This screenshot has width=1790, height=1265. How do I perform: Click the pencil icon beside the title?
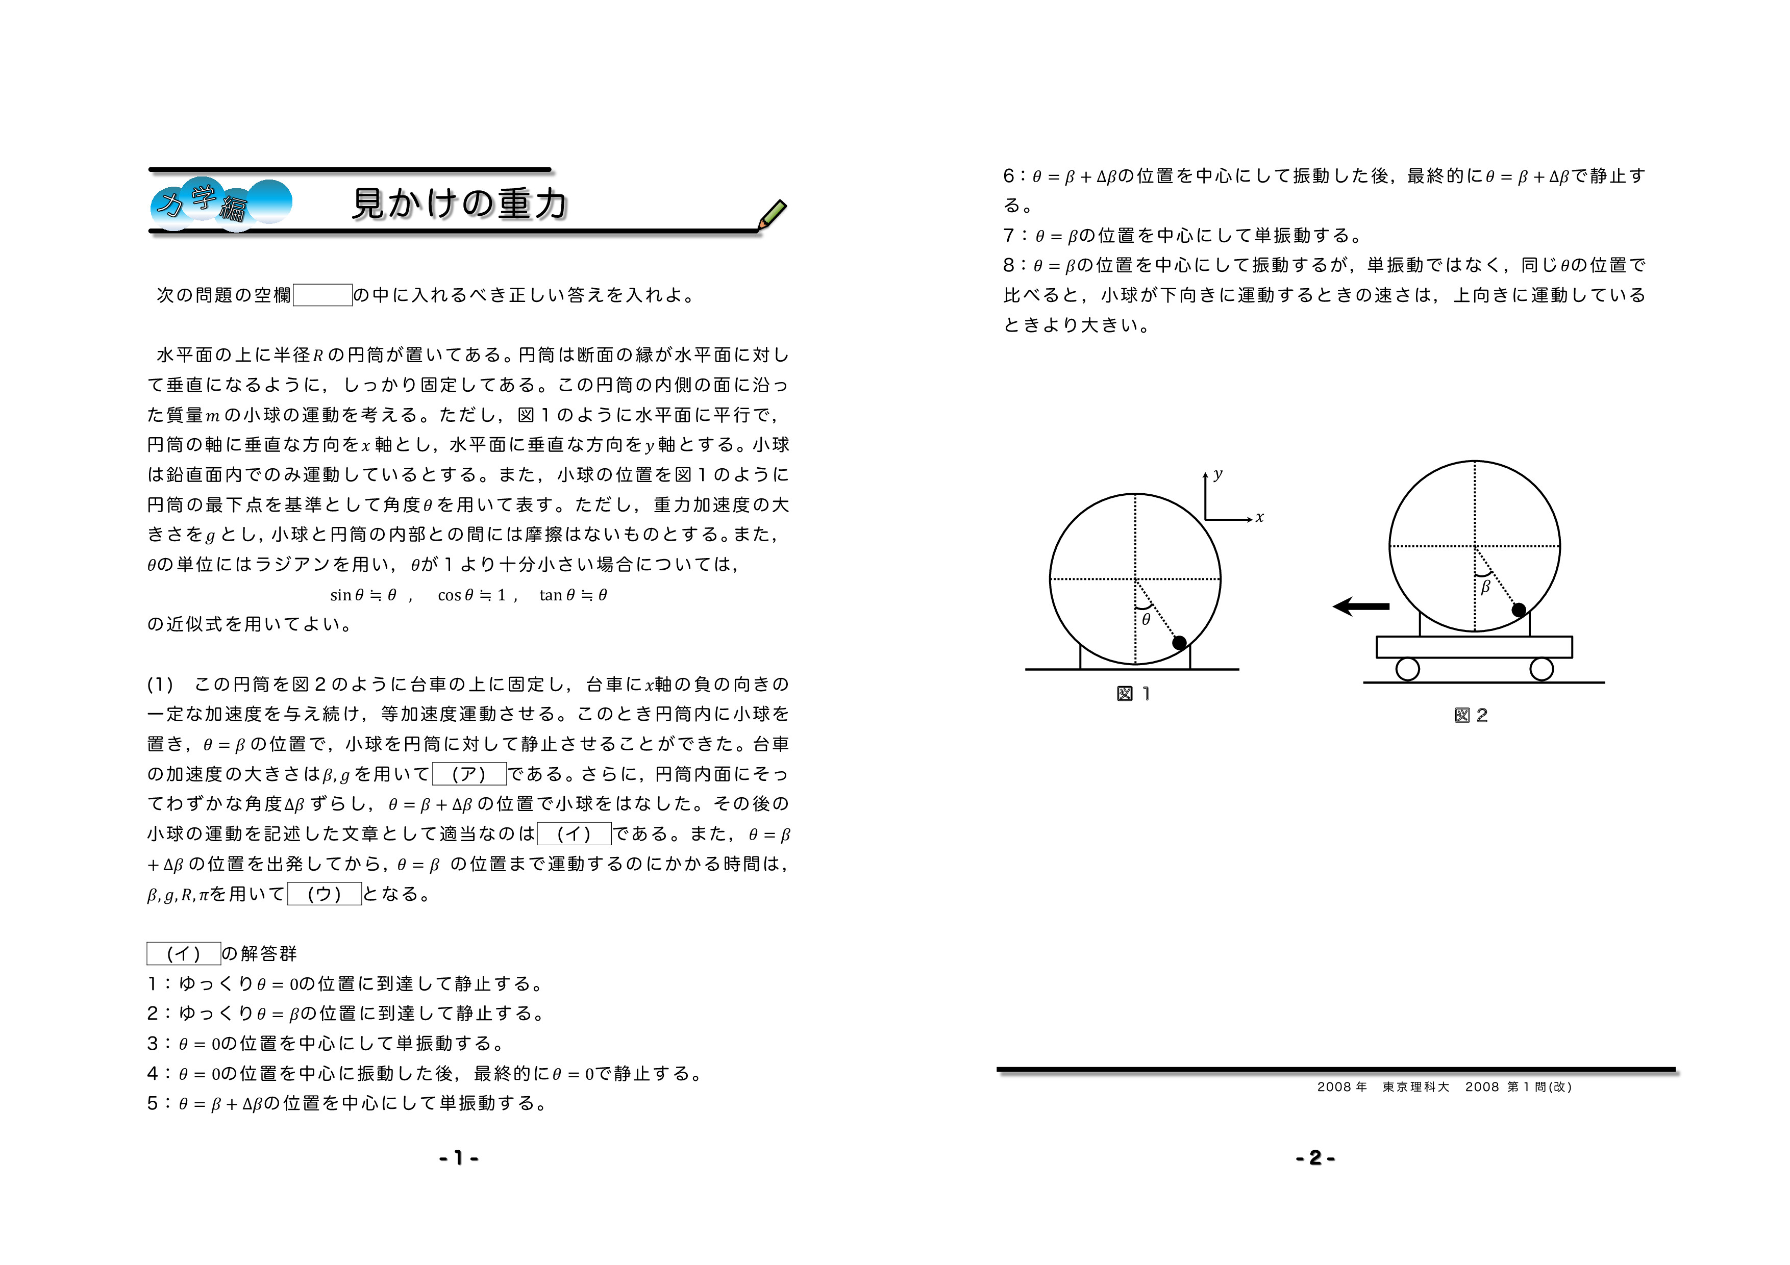pos(772,214)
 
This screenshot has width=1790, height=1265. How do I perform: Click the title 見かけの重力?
pos(459,204)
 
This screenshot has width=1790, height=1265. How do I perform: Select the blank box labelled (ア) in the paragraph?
pos(469,774)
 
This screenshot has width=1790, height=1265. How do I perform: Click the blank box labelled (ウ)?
pos(325,894)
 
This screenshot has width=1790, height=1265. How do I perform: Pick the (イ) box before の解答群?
pos(184,954)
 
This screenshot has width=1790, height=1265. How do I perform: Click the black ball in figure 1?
pos(1180,643)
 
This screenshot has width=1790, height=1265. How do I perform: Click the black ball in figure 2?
pos(1519,610)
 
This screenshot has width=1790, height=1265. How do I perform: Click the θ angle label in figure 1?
pos(1146,620)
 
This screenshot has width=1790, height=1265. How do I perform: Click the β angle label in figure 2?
pos(1485,587)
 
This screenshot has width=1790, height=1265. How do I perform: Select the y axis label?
pos(1218,474)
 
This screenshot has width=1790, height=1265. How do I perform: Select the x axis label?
pos(1260,518)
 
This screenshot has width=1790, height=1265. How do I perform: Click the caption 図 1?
pos(1134,694)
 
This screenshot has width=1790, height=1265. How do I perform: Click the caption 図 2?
pos(1471,716)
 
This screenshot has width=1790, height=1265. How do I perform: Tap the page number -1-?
pos(458,1158)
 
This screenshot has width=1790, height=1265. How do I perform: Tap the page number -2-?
pos(1315,1158)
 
